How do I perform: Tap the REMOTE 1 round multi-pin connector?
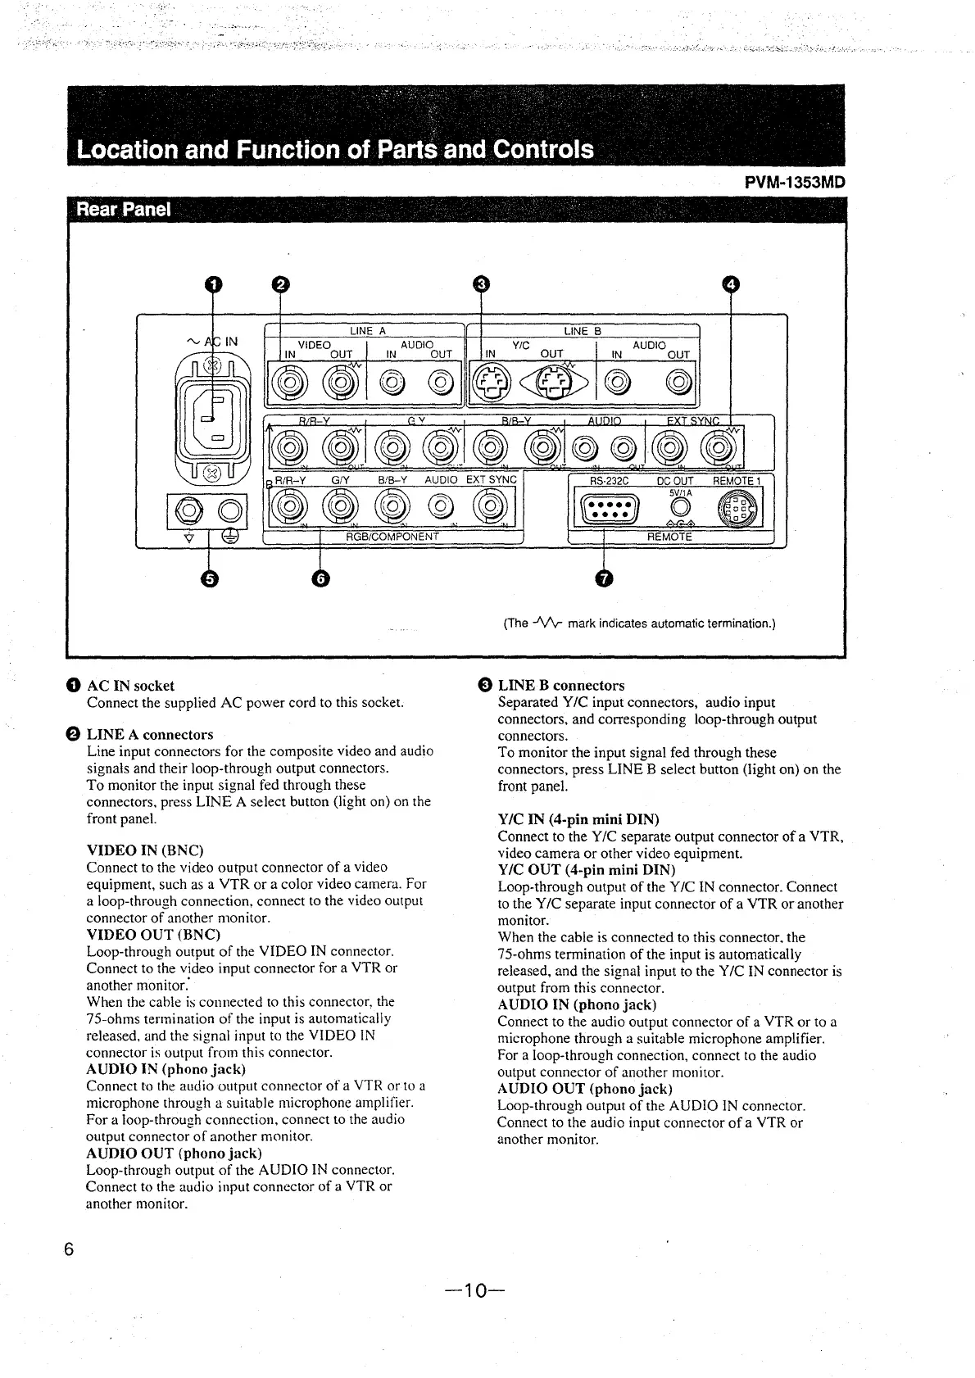(x=732, y=510)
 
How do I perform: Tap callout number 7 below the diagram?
(x=604, y=578)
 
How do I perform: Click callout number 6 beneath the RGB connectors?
(x=320, y=578)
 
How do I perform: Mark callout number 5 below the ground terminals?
(x=210, y=578)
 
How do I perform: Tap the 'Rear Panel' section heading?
(x=124, y=209)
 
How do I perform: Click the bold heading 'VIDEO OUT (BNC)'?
(x=153, y=934)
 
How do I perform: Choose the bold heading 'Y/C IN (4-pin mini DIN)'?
(x=578, y=819)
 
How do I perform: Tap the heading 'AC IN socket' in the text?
(x=130, y=686)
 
